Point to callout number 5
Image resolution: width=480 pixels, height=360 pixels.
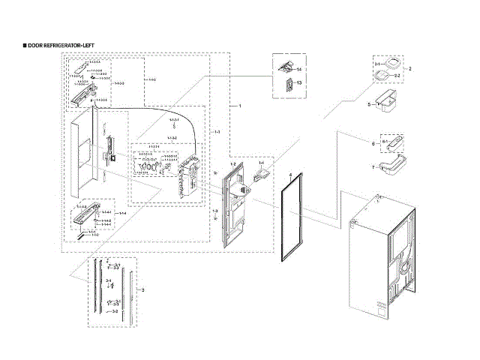coord(369,104)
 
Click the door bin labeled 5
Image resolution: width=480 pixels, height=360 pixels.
coord(391,103)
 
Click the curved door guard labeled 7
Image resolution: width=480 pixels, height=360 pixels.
coord(391,164)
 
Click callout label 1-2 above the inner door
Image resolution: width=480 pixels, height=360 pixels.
coord(232,163)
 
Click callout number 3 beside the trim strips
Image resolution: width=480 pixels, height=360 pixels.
coord(143,289)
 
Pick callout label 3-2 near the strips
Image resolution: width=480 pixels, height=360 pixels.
coord(115,310)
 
